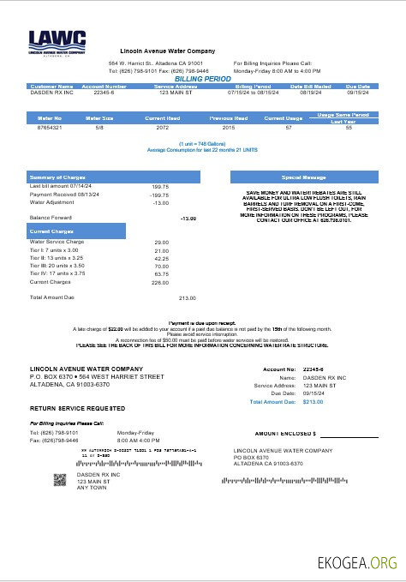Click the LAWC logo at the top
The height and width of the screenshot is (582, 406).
57,42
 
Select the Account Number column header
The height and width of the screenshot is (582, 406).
104,87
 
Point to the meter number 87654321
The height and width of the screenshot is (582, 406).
51,127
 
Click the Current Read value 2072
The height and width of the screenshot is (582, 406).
162,127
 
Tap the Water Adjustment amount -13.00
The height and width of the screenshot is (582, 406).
160,202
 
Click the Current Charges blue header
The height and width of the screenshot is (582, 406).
76,231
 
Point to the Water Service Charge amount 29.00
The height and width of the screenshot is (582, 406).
161,243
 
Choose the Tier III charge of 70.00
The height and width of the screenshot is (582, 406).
161,266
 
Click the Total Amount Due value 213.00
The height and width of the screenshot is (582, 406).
187,297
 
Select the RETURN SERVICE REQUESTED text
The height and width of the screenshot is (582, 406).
77,407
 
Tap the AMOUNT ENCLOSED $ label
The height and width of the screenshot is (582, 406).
285,434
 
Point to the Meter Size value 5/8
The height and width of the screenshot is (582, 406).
99,127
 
